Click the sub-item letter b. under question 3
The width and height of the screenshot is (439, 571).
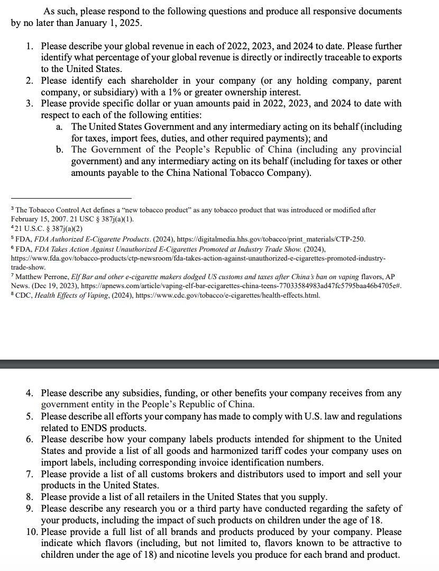(x=60, y=150)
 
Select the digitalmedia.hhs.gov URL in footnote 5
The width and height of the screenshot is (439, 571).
(x=270, y=239)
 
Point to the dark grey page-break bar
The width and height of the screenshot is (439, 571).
(x=219, y=364)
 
